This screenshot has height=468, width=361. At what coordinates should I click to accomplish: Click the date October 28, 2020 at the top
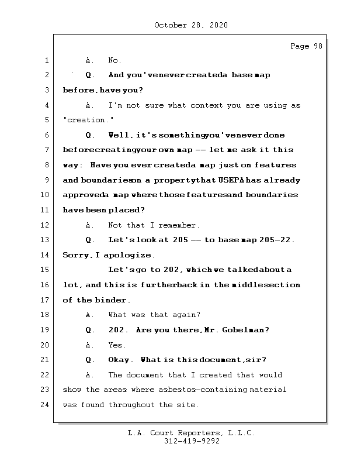190,25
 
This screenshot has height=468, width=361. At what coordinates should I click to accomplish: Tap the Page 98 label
306,46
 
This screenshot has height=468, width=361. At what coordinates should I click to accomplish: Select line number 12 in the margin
46,225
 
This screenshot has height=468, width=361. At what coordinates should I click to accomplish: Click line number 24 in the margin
46,404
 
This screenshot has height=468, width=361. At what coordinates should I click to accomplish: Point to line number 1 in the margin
46,60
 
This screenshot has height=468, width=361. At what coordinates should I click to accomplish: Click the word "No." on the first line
114,60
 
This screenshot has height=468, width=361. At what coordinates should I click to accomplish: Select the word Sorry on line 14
75,255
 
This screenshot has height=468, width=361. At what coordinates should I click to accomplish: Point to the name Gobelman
245,330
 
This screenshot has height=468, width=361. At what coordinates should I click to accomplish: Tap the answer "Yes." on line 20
117,345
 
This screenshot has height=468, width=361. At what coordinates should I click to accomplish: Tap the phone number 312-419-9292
192,442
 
